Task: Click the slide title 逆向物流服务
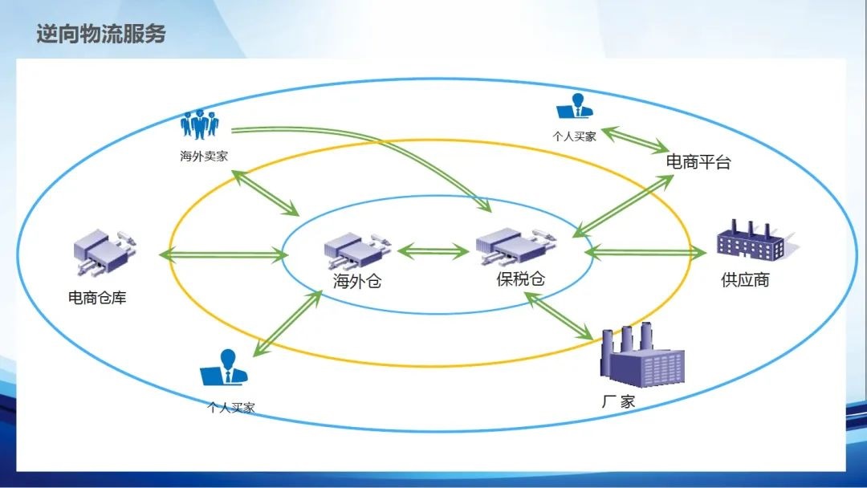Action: pos(101,35)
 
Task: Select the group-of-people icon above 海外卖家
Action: pos(200,124)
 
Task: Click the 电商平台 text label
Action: pos(698,162)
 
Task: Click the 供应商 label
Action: pos(745,280)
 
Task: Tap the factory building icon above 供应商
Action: pos(751,239)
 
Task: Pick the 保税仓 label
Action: pos(520,279)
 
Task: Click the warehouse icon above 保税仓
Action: pos(510,245)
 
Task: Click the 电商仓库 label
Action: pos(97,298)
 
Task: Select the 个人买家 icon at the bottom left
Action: pos(226,368)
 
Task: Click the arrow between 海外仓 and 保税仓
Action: pos(433,251)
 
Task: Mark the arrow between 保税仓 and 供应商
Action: pos(645,252)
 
